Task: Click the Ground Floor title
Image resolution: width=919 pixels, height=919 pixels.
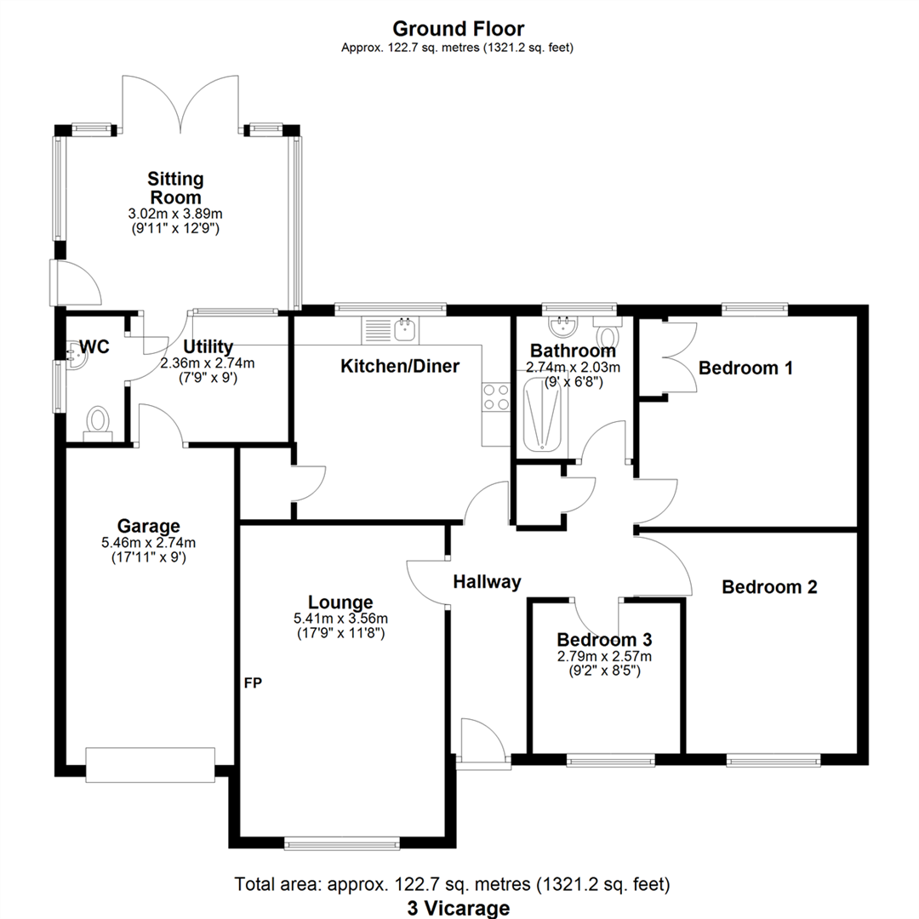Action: tap(459, 28)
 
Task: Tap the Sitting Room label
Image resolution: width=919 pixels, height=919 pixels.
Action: tap(175, 187)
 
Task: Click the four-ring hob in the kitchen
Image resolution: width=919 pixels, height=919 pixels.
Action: tap(496, 397)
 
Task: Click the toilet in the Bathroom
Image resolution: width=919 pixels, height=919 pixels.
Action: tap(608, 333)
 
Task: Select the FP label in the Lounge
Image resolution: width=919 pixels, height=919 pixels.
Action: tap(254, 682)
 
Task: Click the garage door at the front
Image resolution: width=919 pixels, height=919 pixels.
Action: tap(151, 764)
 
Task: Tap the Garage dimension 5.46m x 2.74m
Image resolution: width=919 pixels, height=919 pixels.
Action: tap(148, 542)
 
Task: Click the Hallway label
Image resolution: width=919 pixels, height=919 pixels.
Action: tap(487, 582)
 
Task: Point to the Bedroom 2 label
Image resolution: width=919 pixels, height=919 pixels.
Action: tap(769, 586)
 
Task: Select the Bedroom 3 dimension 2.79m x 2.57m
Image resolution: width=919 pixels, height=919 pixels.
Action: tap(604, 656)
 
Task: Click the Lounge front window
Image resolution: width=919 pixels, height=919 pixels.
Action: tap(342, 844)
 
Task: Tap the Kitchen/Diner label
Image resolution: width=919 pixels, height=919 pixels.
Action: tap(400, 366)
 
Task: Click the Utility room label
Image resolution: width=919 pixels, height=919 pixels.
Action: tap(208, 346)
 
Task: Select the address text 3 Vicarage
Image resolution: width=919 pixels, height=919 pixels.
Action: tap(459, 908)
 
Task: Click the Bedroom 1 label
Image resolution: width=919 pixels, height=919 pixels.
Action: tap(745, 368)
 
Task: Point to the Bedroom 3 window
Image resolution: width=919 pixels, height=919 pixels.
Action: tap(611, 761)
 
